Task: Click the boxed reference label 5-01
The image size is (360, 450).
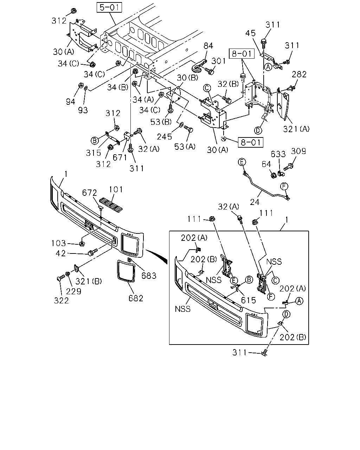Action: pos(109,7)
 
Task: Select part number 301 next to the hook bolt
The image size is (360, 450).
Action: pos(219,61)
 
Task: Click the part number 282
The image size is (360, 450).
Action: pos(299,74)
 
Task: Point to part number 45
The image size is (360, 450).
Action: pos(250,33)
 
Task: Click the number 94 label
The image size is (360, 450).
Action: pos(70,102)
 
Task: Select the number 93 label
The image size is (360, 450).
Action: pos(83,110)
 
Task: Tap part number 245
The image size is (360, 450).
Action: pos(165,137)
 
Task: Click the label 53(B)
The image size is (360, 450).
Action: pos(161,122)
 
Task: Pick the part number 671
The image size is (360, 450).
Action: pos(120,157)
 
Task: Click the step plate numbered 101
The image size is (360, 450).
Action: pos(111,205)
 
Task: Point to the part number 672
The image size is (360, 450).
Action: pos(89,193)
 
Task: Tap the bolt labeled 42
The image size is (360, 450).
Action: pos(93,252)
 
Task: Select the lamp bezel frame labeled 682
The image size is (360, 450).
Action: pos(126,271)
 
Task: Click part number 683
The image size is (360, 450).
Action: pos(149,276)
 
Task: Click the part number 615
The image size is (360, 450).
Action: pos(248,300)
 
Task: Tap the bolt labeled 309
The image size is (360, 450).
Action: pos(289,167)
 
